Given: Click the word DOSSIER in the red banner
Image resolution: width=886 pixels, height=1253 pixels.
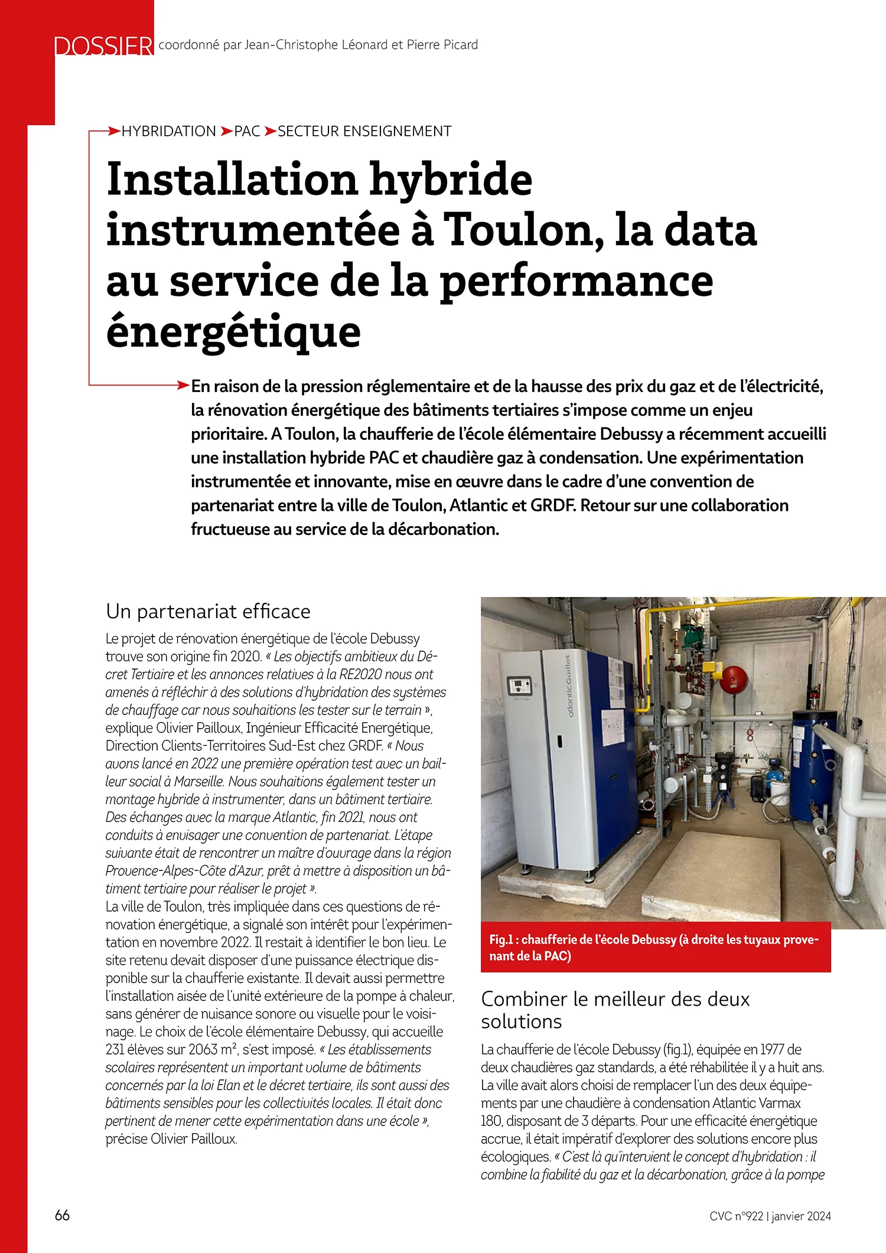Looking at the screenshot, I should point(103,46).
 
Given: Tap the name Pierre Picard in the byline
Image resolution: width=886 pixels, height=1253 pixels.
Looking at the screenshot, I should point(442,45).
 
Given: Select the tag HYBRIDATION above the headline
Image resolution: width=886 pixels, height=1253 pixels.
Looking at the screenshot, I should point(169,131).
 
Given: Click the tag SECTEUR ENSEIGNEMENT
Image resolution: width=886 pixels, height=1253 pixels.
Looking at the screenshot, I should point(364,131).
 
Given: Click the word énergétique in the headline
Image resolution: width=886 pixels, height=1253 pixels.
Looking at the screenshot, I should point(233,332).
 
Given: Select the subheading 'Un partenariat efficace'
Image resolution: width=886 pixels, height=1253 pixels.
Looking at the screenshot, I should point(208,611).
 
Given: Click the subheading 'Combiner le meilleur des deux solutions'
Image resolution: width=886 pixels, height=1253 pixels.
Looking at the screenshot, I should point(615,1010).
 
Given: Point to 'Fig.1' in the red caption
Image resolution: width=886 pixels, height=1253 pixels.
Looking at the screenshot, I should point(501,939).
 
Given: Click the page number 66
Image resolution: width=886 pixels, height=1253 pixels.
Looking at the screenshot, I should point(62,1215).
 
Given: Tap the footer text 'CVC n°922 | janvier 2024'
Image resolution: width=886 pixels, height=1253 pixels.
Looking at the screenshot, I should point(770,1216).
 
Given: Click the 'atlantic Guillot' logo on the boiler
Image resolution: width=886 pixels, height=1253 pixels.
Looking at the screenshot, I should point(568,685).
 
